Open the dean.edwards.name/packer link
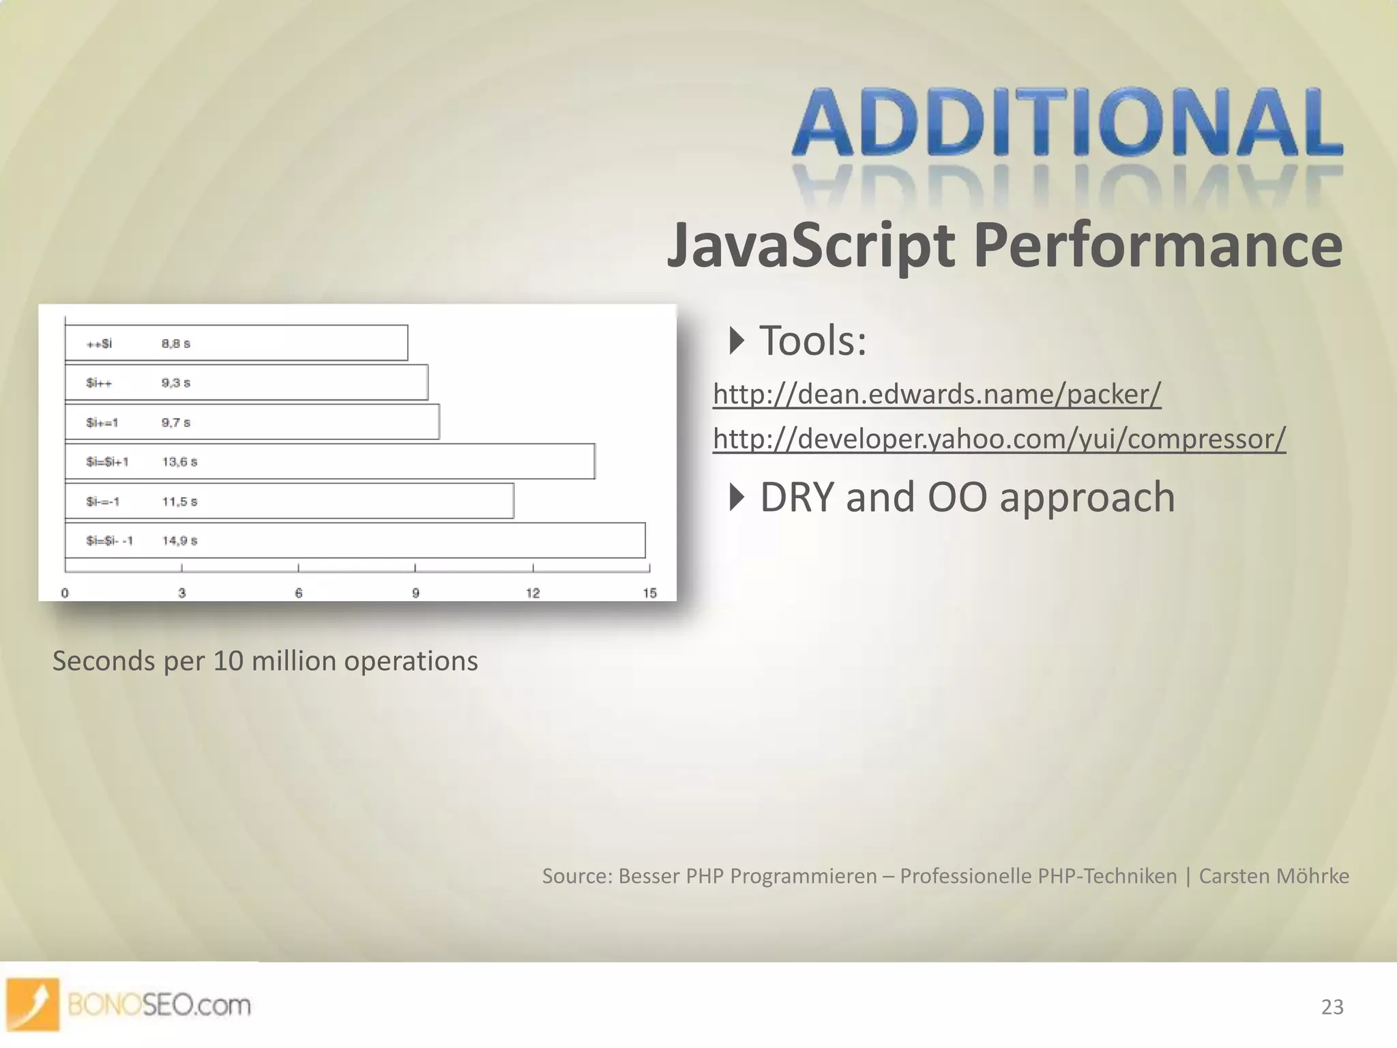click(937, 394)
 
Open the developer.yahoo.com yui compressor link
click(999, 438)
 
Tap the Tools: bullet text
click(812, 340)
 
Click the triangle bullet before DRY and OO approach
click(736, 497)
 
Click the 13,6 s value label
click(179, 462)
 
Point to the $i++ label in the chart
click(99, 383)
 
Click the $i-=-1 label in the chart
click(103, 501)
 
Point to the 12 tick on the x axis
click(533, 593)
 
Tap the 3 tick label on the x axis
click(182, 593)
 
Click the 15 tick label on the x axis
click(649, 593)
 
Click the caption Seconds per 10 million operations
click(265, 661)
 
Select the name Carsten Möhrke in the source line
click(1274, 876)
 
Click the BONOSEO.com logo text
click(159, 1005)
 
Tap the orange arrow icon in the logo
click(33, 1004)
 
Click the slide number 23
click(1332, 1007)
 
